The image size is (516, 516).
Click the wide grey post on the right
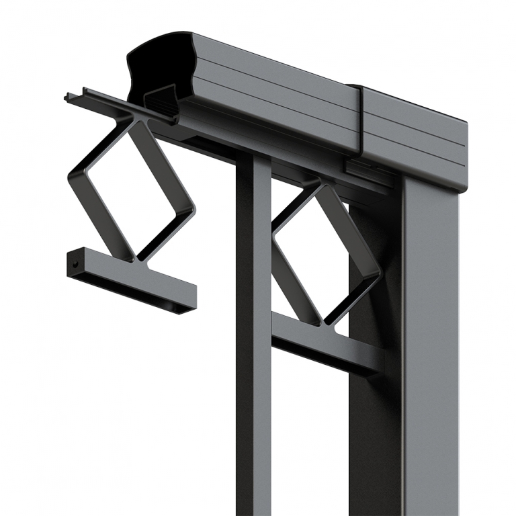pos(430,349)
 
